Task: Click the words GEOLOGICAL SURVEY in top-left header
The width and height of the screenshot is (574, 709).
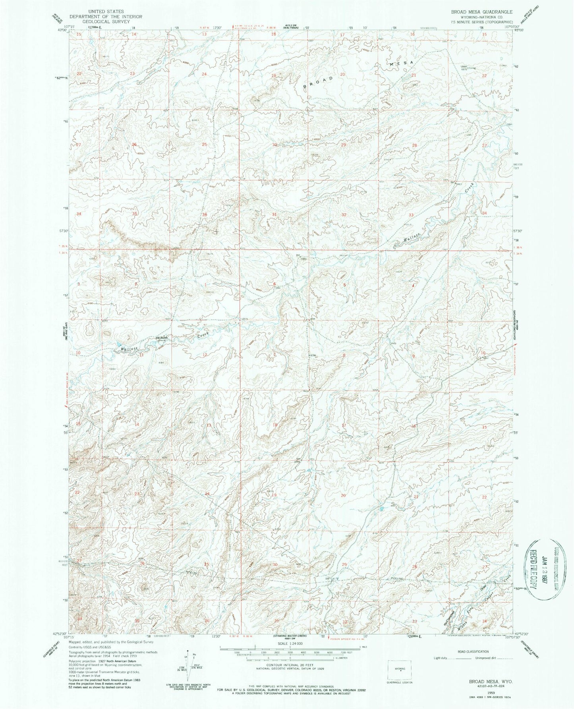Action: click(105, 22)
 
